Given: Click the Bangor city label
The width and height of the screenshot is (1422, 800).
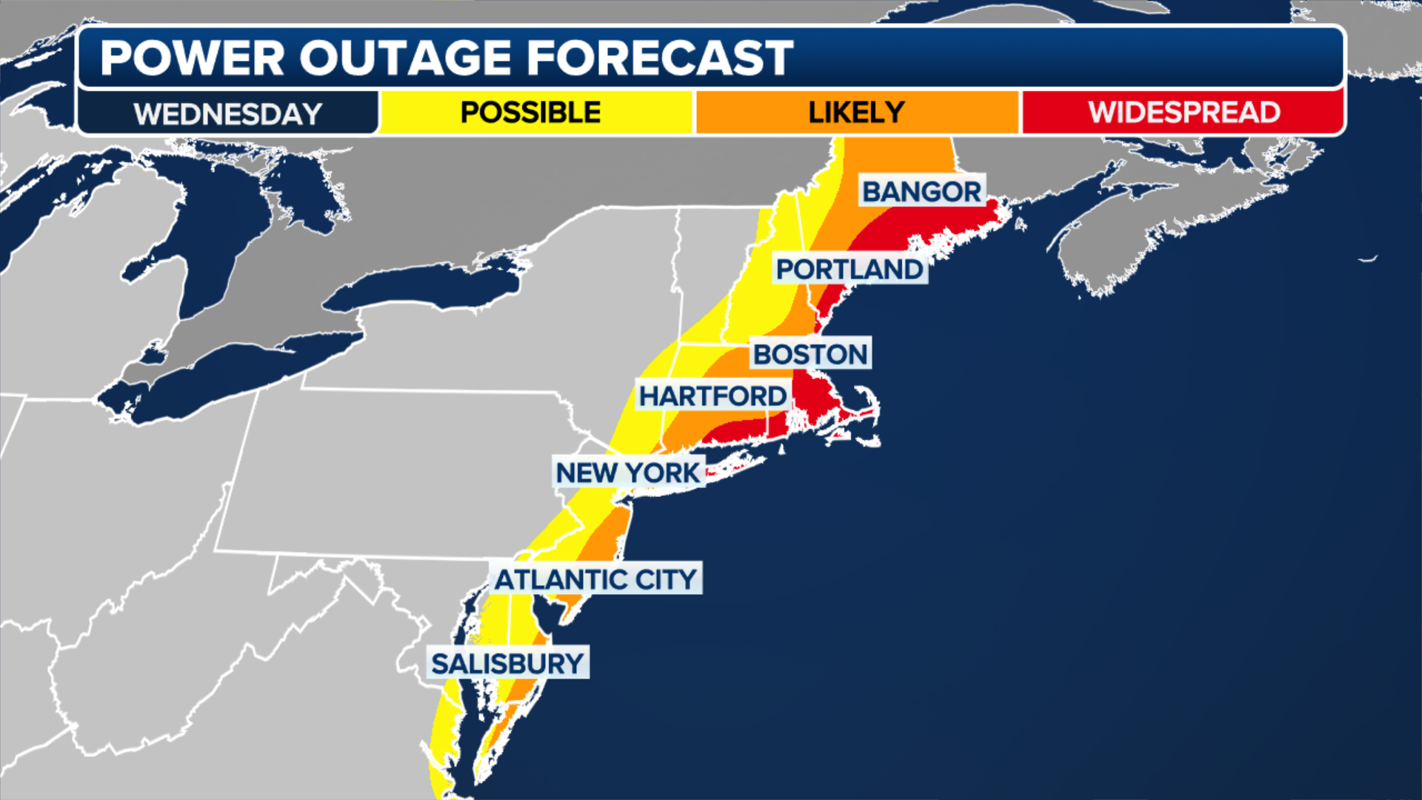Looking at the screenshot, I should (x=922, y=192).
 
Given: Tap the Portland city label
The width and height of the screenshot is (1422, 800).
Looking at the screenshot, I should (x=849, y=270).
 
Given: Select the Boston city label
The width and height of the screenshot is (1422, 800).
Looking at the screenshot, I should (x=810, y=354).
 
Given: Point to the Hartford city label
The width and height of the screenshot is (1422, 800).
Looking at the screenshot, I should (x=712, y=396).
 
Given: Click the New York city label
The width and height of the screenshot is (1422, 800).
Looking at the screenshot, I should (x=628, y=473).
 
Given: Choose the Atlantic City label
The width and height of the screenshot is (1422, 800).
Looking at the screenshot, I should (x=595, y=579).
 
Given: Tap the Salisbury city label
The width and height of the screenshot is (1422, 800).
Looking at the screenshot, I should (x=508, y=664).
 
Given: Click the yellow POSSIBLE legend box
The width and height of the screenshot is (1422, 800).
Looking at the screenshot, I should (x=530, y=113).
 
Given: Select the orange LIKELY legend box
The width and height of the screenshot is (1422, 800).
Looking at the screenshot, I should (x=856, y=113).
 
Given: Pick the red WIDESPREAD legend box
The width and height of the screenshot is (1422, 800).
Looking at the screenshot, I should (x=1184, y=113).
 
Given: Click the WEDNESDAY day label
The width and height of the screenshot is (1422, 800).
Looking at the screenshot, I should (x=228, y=114).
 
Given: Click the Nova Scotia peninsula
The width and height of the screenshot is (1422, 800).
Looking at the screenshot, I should (x=1155, y=222).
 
